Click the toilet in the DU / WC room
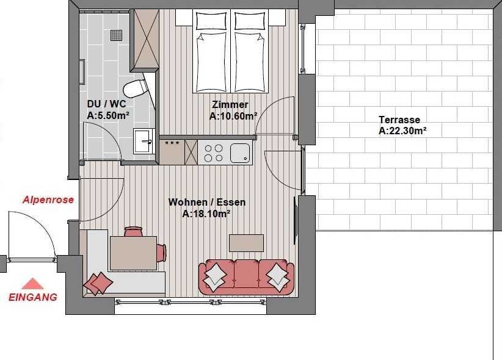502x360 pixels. pos(135,88)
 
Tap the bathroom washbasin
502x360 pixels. pos(144,141)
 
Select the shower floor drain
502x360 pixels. pos(117,35)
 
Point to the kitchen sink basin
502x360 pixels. pos(240,153)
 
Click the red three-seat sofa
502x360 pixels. pos(246,277)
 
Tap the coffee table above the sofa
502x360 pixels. pos(246,243)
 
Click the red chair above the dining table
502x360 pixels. pos(133,231)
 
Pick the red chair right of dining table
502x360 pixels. pos(161,253)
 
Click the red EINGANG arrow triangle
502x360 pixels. pos(32,284)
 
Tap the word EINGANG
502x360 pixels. pos(32,297)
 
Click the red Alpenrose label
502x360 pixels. pos(48,200)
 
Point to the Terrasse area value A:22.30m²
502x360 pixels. pos(402,131)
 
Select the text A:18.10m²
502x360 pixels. pos(206,214)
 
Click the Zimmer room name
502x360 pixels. pos(230,104)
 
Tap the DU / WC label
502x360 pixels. pos(106,104)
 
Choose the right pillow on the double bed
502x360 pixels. pos(250,21)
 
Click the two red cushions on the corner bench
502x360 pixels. pos(98,284)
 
